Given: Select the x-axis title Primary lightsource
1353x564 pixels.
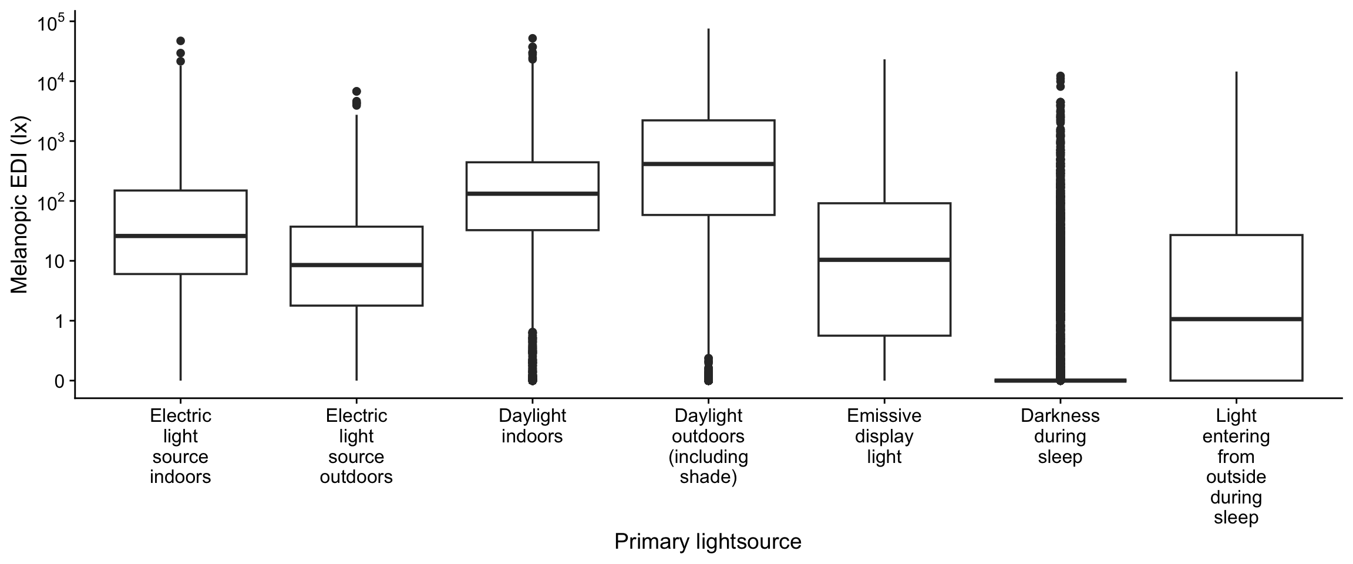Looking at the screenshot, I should coord(708,541).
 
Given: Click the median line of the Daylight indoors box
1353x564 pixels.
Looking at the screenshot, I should coord(532,193).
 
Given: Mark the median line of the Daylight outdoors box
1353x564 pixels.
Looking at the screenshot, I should coord(708,163).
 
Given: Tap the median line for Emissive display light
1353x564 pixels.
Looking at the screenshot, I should coord(884,259).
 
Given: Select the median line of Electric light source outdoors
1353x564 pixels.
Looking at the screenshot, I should coord(356,265).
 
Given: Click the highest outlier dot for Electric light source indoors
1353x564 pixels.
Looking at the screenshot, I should coord(180,41).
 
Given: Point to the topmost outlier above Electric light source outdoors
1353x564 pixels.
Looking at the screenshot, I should coord(356,92).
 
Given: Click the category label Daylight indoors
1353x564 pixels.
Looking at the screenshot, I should coord(532,426).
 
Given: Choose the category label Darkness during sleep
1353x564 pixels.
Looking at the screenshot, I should coord(1060,436).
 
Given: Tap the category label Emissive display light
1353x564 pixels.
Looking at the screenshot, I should coord(884,436).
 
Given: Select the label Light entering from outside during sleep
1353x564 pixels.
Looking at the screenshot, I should coord(1236,466).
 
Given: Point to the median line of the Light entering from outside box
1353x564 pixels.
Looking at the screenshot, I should coord(1236,319).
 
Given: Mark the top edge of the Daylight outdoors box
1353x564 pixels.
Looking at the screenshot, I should coord(708,120).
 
